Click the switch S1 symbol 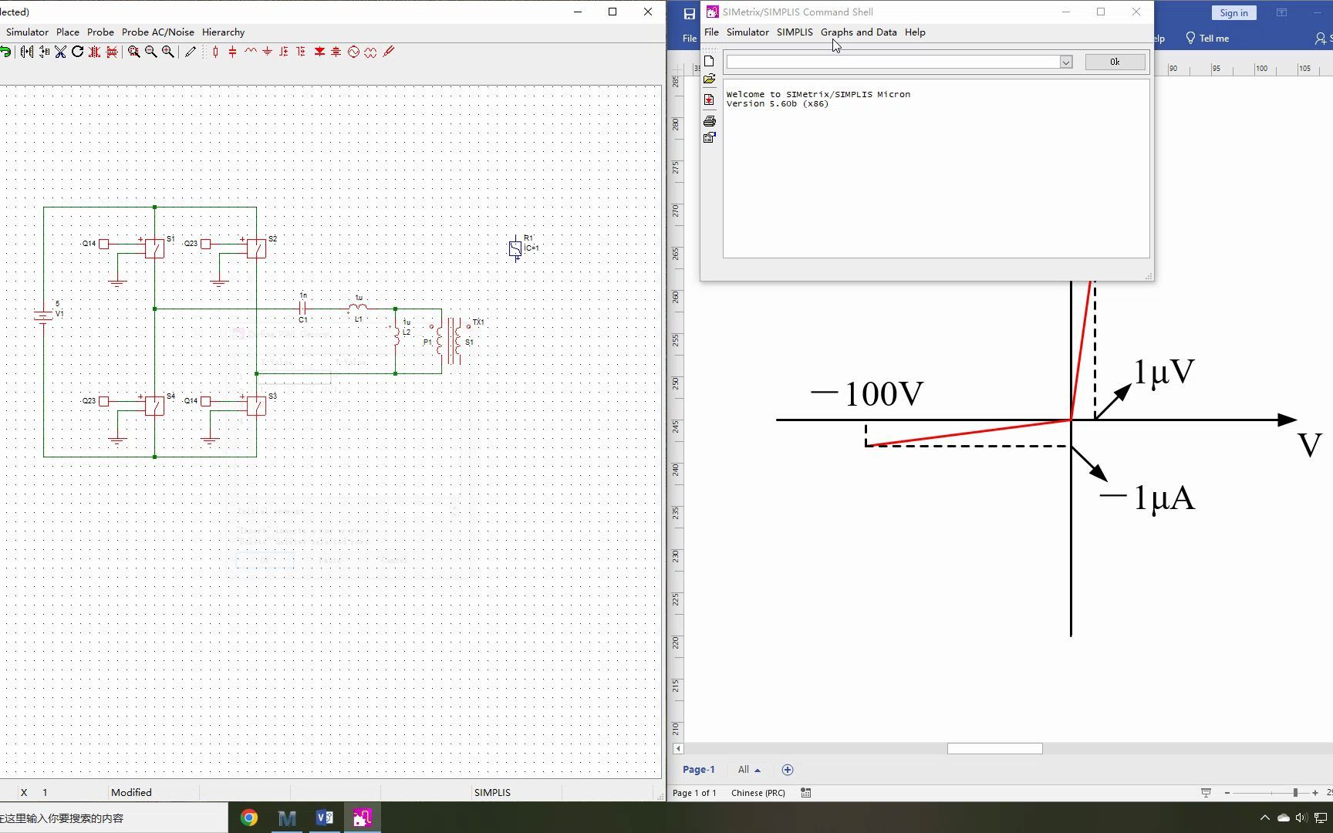(x=154, y=248)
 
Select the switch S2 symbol (x=256, y=248)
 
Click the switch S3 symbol (x=256, y=405)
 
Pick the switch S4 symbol (x=154, y=405)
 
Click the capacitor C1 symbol (x=303, y=309)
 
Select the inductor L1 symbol (x=358, y=308)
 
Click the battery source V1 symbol (x=43, y=315)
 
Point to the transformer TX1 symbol (x=451, y=340)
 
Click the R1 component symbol (x=515, y=248)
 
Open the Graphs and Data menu (x=859, y=32)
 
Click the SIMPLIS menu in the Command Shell (x=795, y=32)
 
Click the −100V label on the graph (x=867, y=393)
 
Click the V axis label (x=1309, y=445)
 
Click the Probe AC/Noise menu (x=158, y=32)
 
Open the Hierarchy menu (x=223, y=32)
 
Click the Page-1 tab (x=698, y=770)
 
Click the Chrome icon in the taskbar (x=249, y=818)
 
